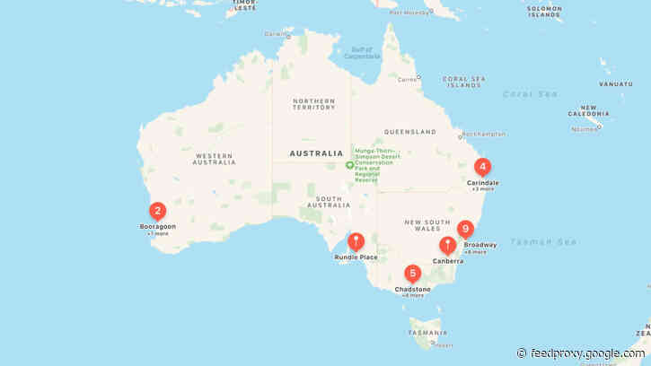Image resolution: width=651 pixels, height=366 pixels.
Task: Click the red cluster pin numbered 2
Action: pos(157,212)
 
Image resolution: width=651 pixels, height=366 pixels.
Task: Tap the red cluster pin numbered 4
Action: pos(482,167)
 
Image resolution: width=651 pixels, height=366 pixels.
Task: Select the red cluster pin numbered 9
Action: pos(464,229)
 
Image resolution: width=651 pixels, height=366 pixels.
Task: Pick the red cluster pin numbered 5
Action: pos(412,274)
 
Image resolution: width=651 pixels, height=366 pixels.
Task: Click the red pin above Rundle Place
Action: pos(356,241)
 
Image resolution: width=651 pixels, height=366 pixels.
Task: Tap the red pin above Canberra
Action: pos(447,245)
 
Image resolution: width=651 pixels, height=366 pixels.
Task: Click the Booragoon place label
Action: pos(157,226)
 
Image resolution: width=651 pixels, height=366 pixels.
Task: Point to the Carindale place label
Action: pos(482,182)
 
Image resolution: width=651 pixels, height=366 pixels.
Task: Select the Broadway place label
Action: pos(480,244)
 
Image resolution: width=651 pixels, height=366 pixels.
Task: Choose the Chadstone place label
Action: pos(413,289)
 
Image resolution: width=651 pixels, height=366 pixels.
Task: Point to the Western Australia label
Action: pos(215,159)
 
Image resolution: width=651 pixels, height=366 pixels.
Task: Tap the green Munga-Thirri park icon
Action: pos(350,165)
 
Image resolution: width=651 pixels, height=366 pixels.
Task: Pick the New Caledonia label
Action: pos(590,112)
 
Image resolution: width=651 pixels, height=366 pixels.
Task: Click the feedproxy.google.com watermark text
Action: pos(588,353)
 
